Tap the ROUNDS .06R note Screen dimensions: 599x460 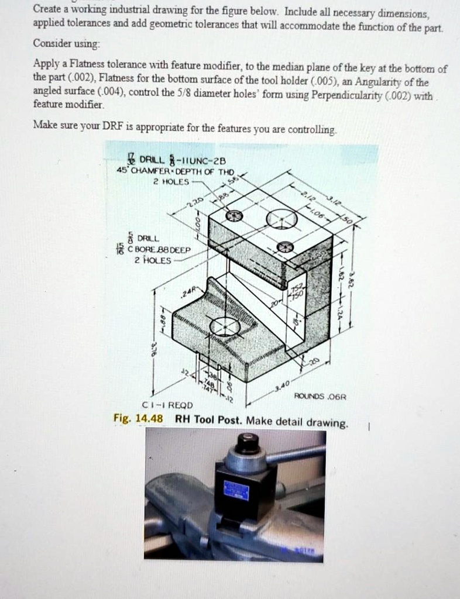[x=321, y=396]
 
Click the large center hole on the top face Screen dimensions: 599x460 [x=282, y=220]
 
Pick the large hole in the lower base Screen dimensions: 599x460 [x=225, y=326]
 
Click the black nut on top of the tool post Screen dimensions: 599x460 [x=246, y=443]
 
